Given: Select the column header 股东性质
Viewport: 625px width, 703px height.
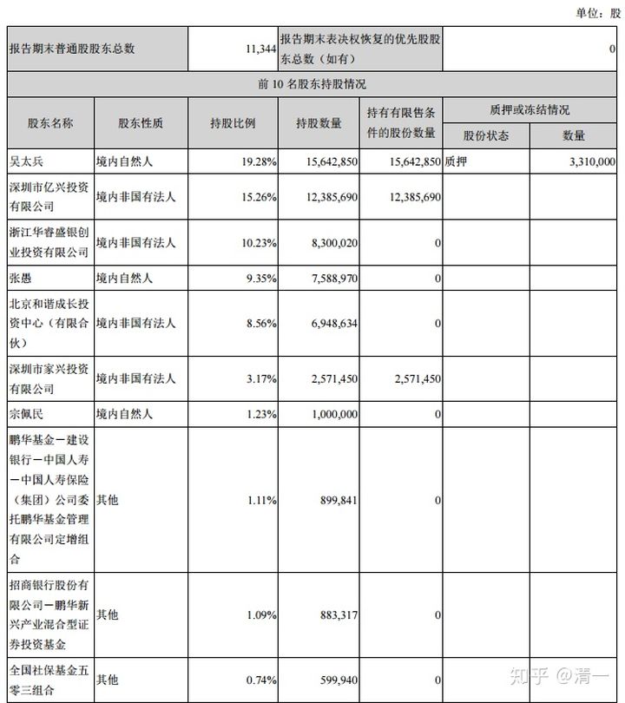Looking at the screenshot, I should pyautogui.click(x=141, y=123).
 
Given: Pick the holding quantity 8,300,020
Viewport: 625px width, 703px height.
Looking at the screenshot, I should pyautogui.click(x=332, y=244).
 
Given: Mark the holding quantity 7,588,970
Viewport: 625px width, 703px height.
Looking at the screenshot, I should pyautogui.click(x=332, y=279).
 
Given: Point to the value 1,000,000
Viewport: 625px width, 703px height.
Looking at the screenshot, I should pyautogui.click(x=332, y=414).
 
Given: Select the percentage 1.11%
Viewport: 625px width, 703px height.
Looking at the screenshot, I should pyautogui.click(x=260, y=500).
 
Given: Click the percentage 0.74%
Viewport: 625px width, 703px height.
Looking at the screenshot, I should pyautogui.click(x=260, y=680).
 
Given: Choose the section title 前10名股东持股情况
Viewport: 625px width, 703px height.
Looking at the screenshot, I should pyautogui.click(x=312, y=84).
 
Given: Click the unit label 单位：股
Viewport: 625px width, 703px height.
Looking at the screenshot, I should pyautogui.click(x=598, y=12).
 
